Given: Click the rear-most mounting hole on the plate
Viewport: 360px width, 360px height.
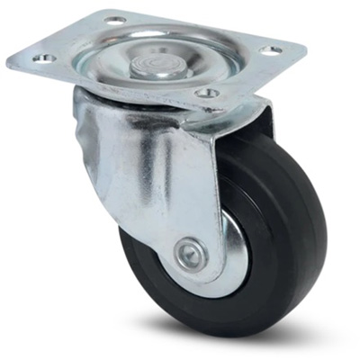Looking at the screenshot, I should pos(116,19).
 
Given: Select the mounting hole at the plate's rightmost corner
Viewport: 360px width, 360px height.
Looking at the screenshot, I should pos(271,49).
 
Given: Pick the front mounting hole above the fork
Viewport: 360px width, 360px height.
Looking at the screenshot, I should pos(206,93).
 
